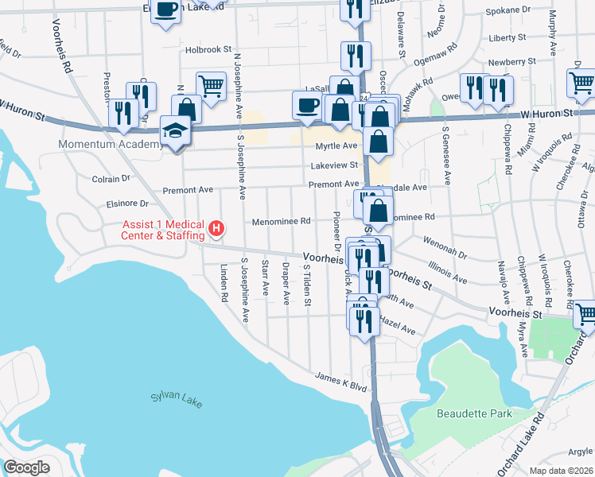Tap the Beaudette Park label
(471, 413)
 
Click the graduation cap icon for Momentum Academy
(175, 130)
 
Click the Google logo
(26, 467)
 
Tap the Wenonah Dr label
(450, 250)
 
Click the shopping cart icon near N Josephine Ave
(211, 85)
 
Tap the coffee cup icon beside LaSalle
(307, 104)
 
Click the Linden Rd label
(224, 282)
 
